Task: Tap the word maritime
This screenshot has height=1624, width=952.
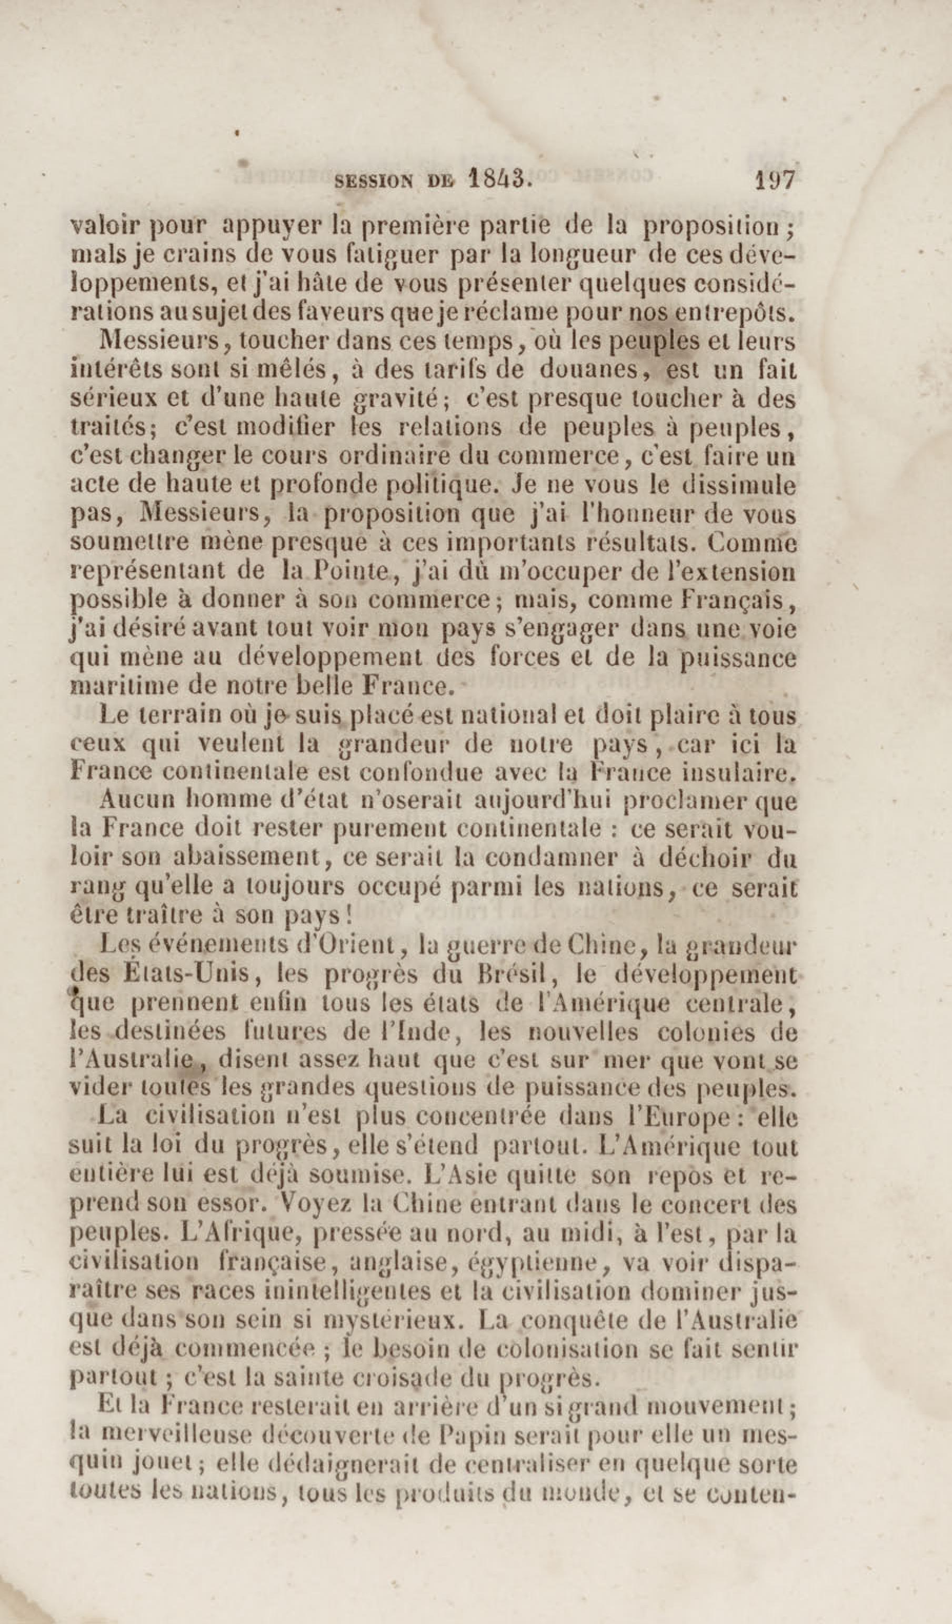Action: pyautogui.click(x=109, y=686)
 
